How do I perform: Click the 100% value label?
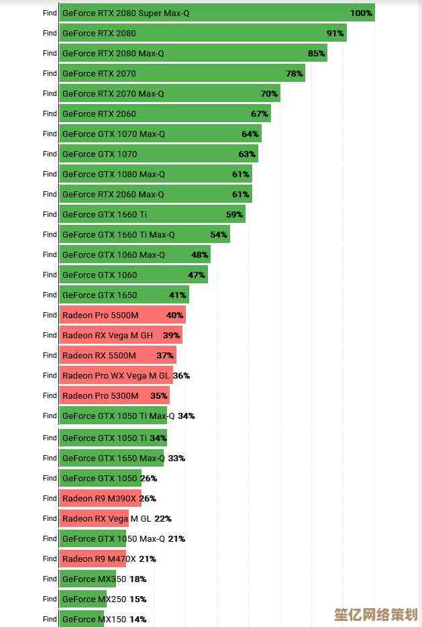pyautogui.click(x=361, y=13)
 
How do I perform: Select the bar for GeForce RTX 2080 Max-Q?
pyautogui.click(x=193, y=53)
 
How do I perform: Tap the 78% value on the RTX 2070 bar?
pyautogui.click(x=295, y=73)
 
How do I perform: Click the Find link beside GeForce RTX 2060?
pyautogui.click(x=50, y=113)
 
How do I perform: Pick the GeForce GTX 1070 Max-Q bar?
pyautogui.click(x=160, y=134)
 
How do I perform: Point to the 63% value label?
pyautogui.click(x=247, y=154)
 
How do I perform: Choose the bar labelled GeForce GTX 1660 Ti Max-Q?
pyautogui.click(x=144, y=234)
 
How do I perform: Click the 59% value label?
pyautogui.click(x=234, y=214)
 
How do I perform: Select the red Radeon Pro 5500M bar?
pyautogui.click(x=122, y=315)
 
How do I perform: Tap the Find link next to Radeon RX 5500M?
pyautogui.click(x=50, y=355)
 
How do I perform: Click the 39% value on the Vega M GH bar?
pyautogui.click(x=172, y=335)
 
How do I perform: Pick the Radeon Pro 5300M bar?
pyautogui.click(x=114, y=395)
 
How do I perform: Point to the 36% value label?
pyautogui.click(x=181, y=375)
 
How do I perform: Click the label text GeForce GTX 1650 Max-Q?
pyautogui.click(x=113, y=458)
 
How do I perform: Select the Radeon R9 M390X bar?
pyautogui.click(x=100, y=498)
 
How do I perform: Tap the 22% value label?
pyautogui.click(x=163, y=518)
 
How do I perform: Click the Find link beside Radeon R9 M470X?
pyautogui.click(x=50, y=559)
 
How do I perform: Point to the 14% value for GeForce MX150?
pyautogui.click(x=138, y=619)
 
